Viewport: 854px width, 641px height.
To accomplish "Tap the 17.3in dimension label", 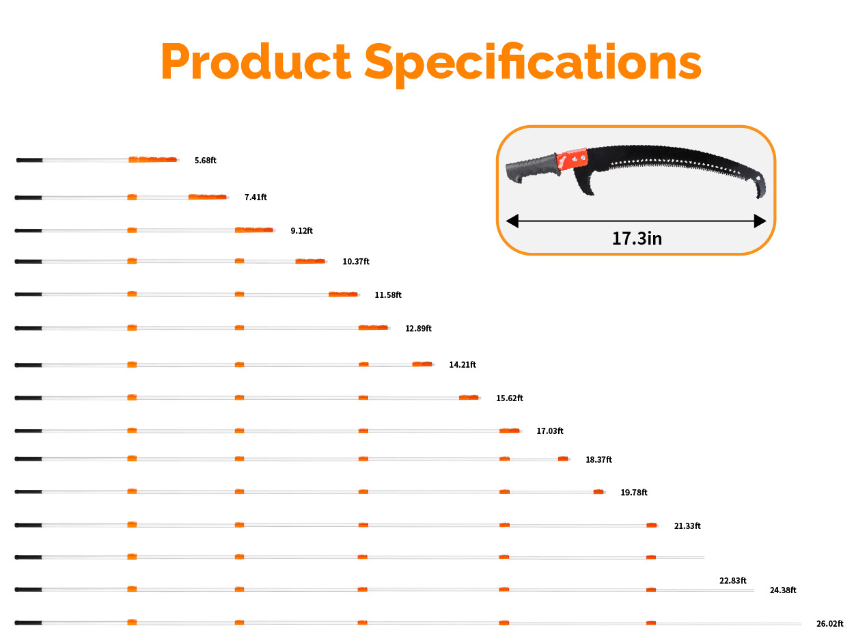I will click(637, 238).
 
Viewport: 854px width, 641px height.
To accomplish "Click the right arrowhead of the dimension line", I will click(760, 221).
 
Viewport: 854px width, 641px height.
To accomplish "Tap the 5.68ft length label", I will click(205, 161).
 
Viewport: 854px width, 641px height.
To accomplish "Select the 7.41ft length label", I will click(256, 197).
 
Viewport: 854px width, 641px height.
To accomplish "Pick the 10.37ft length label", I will click(356, 262).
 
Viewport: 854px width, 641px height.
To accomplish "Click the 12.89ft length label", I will click(418, 329).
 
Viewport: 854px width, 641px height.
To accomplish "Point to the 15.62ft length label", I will click(510, 398).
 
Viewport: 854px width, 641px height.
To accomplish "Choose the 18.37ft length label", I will click(598, 460).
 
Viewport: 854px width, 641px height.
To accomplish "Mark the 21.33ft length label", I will click(687, 526).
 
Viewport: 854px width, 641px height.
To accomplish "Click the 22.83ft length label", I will click(732, 581).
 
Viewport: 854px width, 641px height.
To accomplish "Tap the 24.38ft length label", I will click(783, 590).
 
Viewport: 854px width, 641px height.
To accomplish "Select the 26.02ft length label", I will click(830, 624).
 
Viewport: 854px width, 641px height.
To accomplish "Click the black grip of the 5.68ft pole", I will click(29, 160).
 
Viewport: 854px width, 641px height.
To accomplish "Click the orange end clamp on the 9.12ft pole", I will click(253, 230).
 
